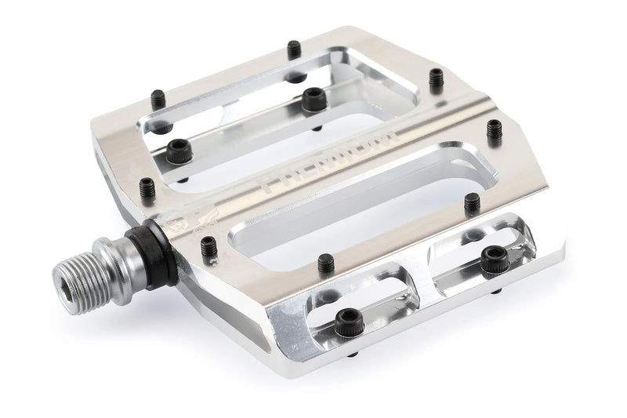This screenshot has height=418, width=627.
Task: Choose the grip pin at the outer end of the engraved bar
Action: tap(494, 127)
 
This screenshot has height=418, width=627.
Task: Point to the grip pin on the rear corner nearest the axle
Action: tap(148, 187)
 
